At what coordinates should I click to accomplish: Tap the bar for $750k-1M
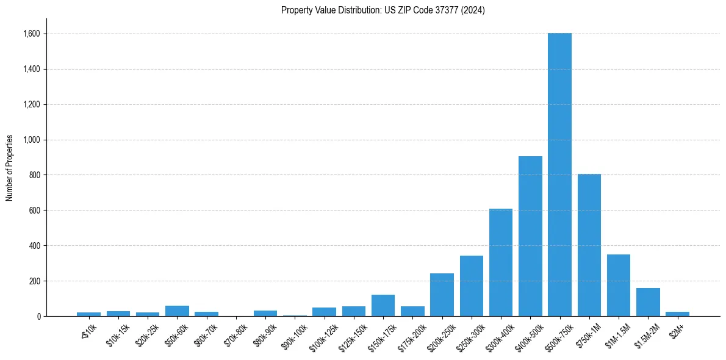click(589, 245)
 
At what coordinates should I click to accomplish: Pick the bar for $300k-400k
click(501, 262)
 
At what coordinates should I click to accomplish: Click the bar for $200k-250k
click(442, 295)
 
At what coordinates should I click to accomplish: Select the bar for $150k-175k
click(383, 305)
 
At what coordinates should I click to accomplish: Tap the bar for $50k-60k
click(177, 311)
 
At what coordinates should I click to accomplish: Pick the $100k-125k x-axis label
click(323, 335)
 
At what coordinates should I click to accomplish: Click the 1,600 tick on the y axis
click(31, 34)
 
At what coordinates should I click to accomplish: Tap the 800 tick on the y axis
click(34, 175)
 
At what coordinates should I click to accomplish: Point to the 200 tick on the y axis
click(34, 281)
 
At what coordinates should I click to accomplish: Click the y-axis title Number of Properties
click(9, 167)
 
